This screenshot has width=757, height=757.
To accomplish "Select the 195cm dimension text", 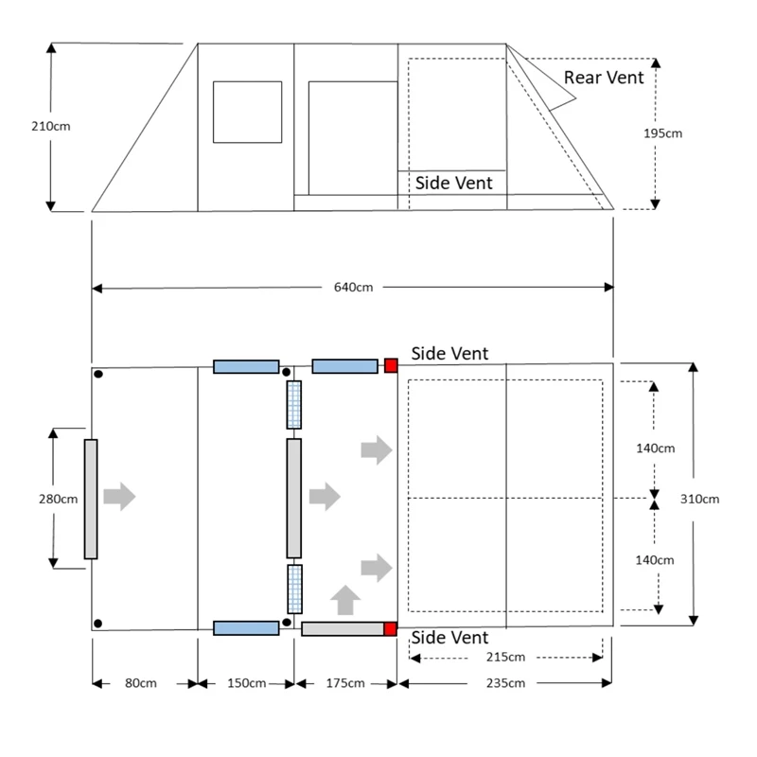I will [x=661, y=133].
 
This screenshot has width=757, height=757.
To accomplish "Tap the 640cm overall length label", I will [x=352, y=288].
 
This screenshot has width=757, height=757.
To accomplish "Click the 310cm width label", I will [x=700, y=499].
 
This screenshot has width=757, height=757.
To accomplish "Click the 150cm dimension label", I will [x=245, y=683].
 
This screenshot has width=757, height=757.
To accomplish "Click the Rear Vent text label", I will [x=604, y=78].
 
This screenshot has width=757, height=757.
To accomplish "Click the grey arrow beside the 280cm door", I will [x=119, y=497].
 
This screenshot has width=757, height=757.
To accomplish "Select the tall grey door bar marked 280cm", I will [x=91, y=499].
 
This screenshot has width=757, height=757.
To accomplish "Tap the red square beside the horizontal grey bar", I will [x=390, y=628].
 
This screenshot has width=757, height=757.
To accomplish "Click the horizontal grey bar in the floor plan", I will [x=342, y=628].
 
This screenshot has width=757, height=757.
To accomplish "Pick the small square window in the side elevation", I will [x=247, y=112].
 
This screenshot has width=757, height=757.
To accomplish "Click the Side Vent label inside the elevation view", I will [x=454, y=183].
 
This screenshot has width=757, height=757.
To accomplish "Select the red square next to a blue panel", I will [x=390, y=366].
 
